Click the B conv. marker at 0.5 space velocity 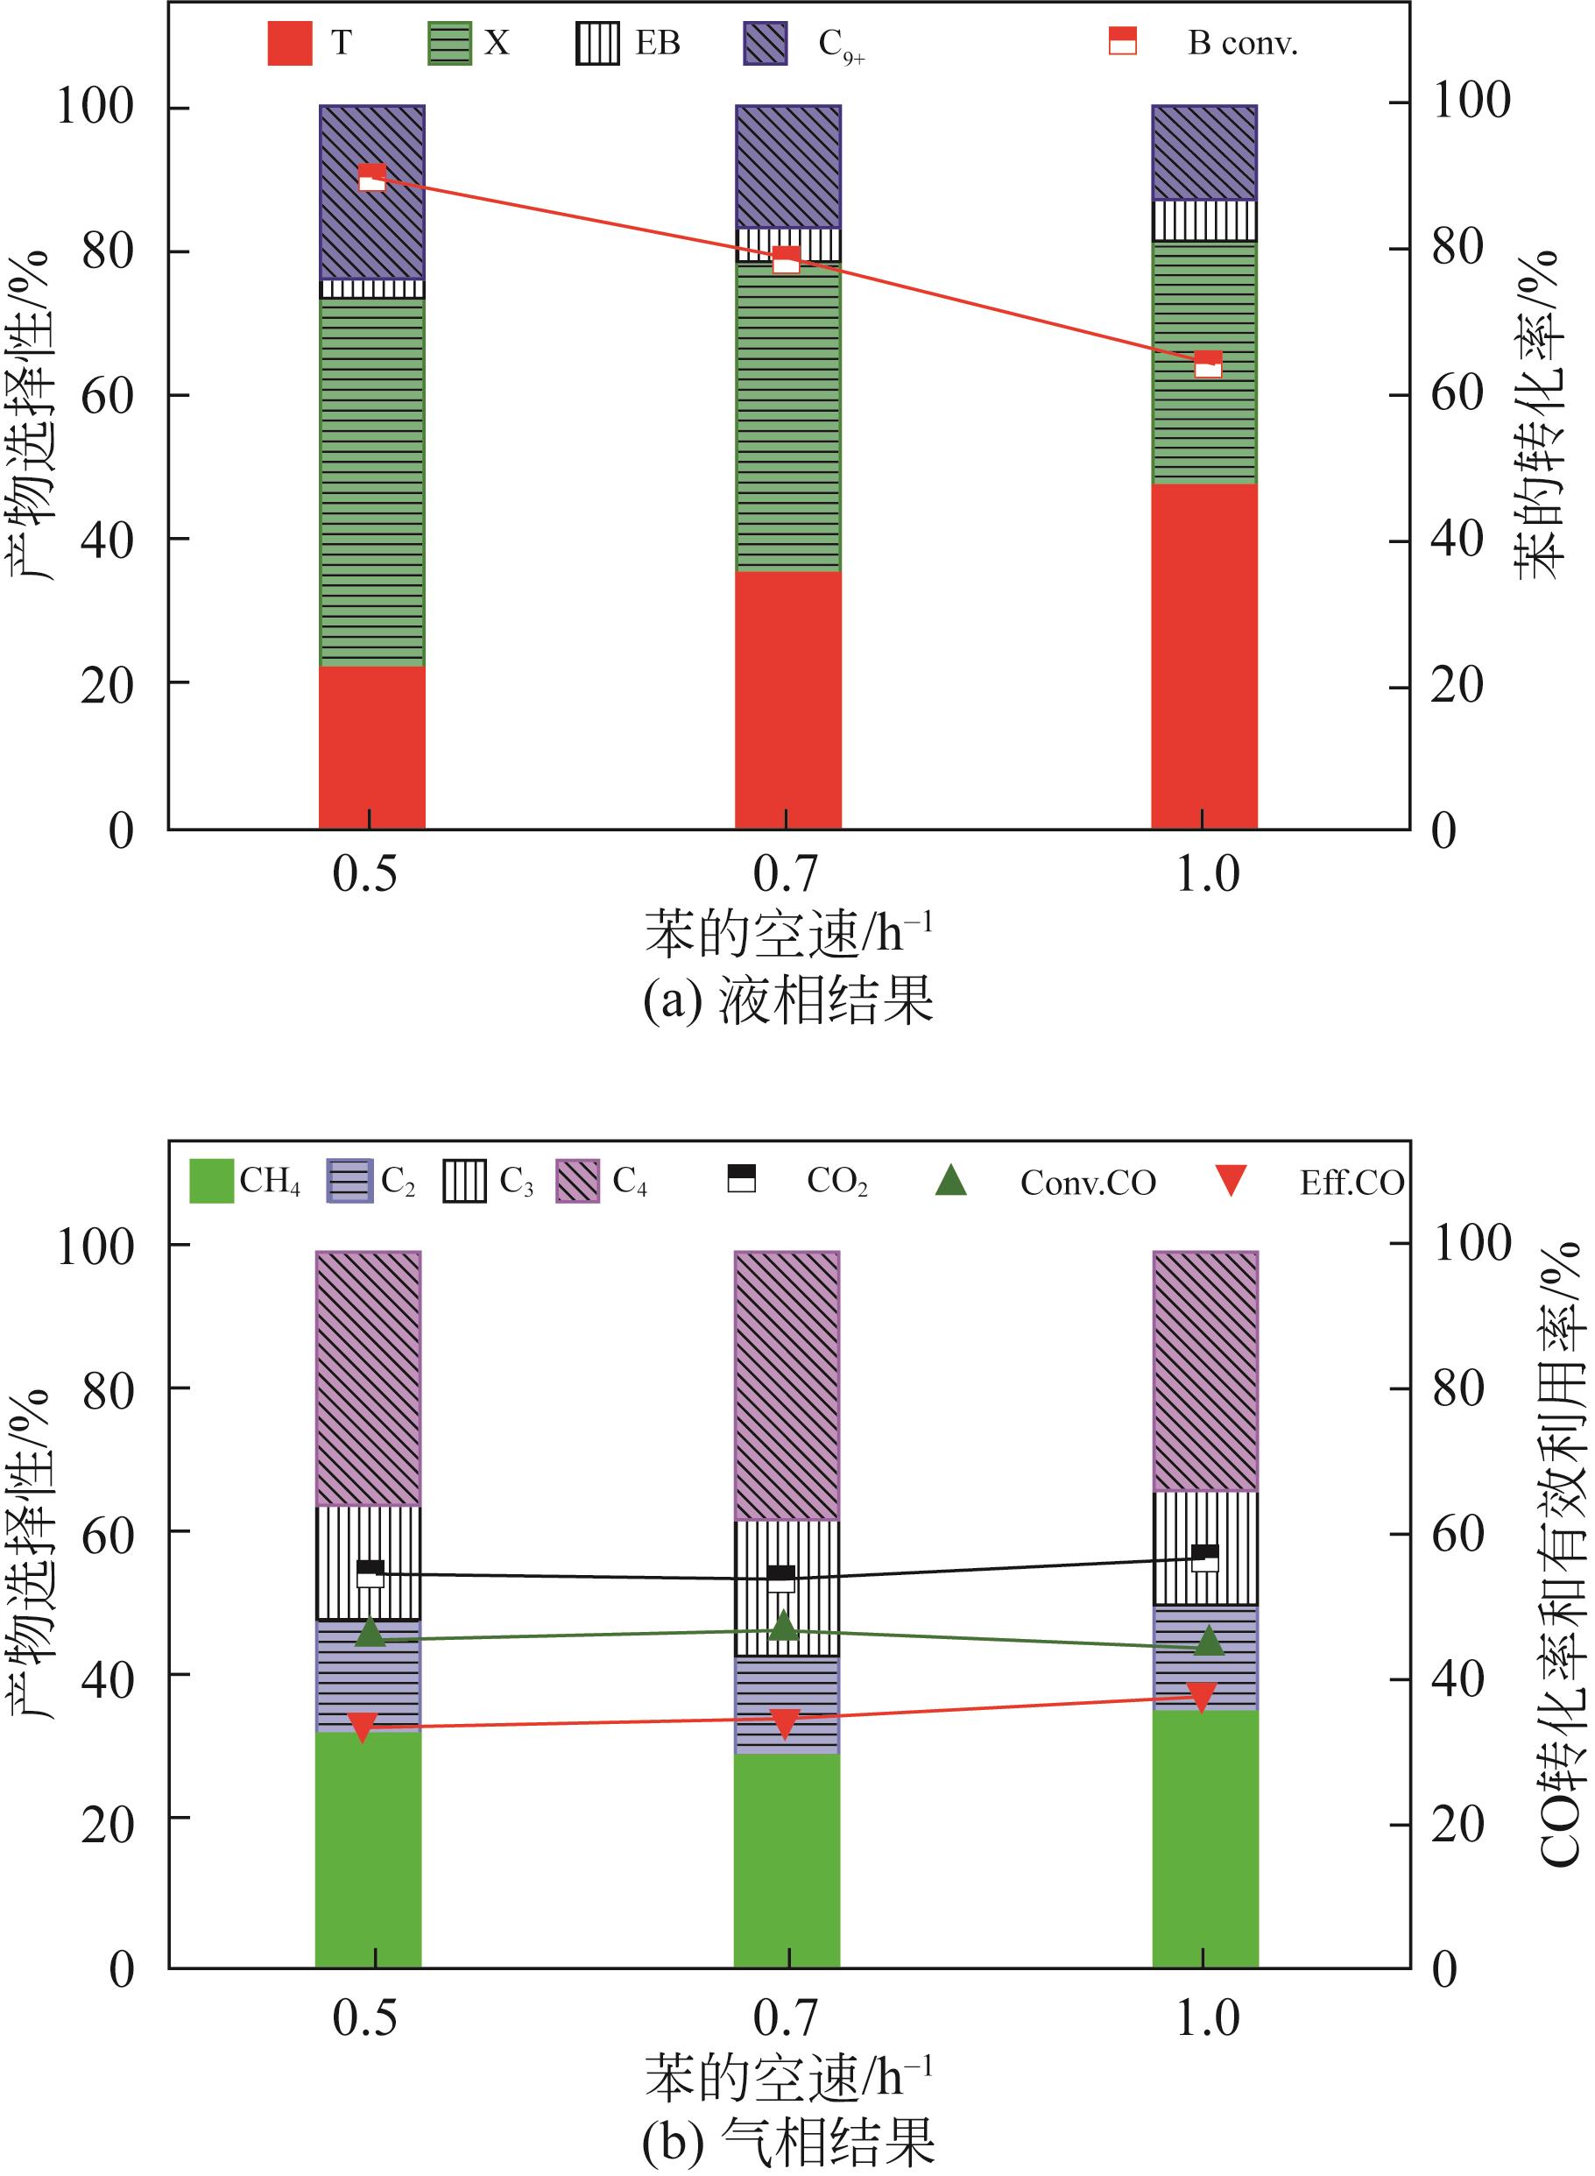[x=371, y=178]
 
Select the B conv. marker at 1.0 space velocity [x=1208, y=364]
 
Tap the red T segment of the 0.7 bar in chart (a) [x=787, y=699]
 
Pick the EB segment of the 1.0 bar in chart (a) [x=1204, y=220]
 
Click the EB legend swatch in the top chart [x=596, y=44]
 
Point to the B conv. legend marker [x=1122, y=41]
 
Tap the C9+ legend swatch [x=765, y=44]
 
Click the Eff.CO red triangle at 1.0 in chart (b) [x=1202, y=1697]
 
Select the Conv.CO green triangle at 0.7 [x=785, y=1625]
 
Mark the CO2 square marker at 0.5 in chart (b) [x=370, y=1572]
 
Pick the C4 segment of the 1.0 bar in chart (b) [x=1205, y=1371]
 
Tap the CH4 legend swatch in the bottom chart [x=211, y=1181]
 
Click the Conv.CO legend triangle [x=951, y=1180]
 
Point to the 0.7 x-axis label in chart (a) [x=785, y=874]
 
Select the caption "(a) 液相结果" [x=787, y=1000]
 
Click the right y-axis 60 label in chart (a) [x=1457, y=393]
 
